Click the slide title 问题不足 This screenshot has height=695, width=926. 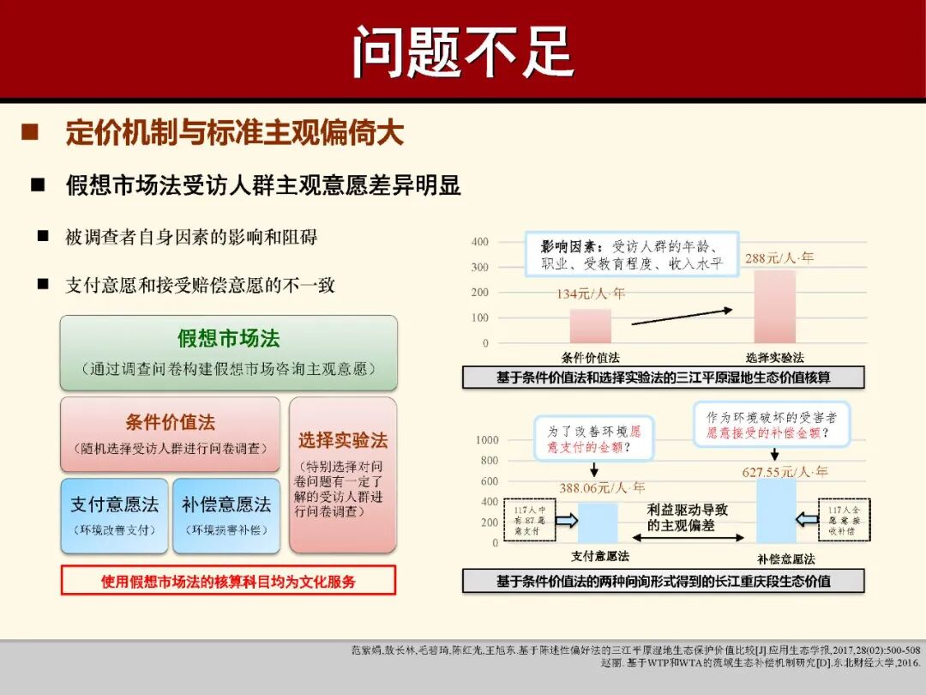[x=462, y=50]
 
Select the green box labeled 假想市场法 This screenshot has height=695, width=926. [x=228, y=352]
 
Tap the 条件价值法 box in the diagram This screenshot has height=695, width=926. [x=170, y=433]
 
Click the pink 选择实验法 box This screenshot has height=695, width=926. [x=343, y=474]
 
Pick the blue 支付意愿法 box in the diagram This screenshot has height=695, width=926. [x=114, y=515]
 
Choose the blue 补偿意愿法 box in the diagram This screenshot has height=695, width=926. [x=225, y=515]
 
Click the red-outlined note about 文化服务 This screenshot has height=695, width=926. [x=228, y=581]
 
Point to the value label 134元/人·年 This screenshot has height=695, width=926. [x=591, y=293]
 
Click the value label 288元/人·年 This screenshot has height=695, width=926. [x=779, y=257]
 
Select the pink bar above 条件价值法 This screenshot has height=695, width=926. [x=591, y=326]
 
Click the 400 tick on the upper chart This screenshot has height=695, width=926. [x=480, y=242]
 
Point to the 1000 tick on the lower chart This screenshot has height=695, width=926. [x=487, y=440]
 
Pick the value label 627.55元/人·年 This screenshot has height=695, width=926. [x=785, y=471]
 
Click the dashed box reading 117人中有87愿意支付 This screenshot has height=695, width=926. [x=530, y=520]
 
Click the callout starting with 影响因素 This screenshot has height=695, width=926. [x=633, y=254]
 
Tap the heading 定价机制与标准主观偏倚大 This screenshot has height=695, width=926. [x=234, y=133]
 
